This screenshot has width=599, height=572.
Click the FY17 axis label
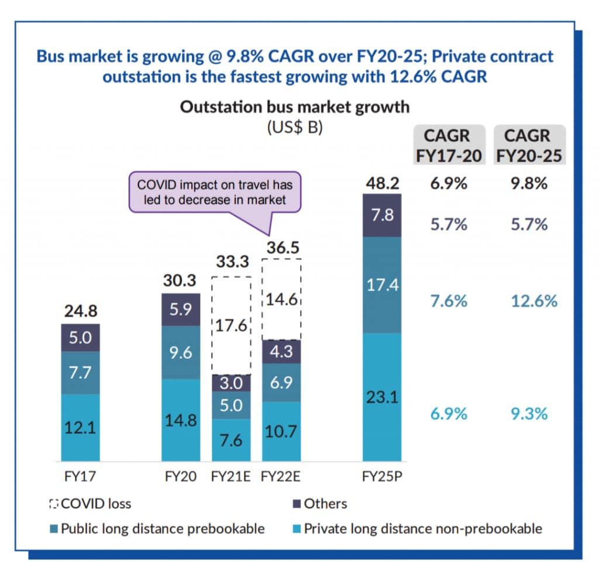(80, 476)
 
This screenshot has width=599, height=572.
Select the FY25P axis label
(382, 476)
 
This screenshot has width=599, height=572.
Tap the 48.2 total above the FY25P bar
(381, 183)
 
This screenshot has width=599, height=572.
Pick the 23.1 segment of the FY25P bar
(382, 397)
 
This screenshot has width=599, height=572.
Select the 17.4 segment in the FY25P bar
(382, 285)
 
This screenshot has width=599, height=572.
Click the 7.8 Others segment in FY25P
(382, 215)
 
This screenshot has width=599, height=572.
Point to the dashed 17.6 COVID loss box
(231, 326)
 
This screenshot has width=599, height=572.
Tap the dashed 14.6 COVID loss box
(281, 300)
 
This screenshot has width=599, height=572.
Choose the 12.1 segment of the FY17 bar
(80, 427)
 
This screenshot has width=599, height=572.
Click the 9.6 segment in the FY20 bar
(181, 352)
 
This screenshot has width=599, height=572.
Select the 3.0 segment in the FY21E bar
(231, 383)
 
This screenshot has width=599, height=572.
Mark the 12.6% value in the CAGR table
(528, 302)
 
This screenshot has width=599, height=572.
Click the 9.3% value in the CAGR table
(528, 414)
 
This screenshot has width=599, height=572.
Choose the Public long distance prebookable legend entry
(157, 529)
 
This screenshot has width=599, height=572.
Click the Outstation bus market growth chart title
(294, 107)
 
